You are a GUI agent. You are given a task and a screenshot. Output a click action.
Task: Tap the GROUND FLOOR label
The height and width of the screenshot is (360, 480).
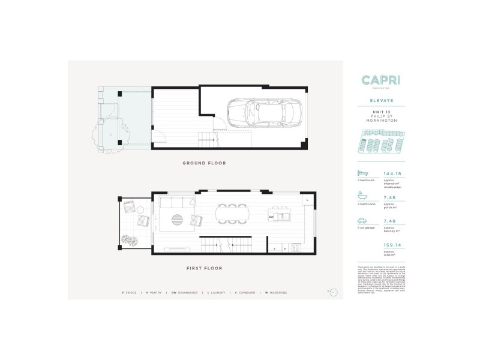205,163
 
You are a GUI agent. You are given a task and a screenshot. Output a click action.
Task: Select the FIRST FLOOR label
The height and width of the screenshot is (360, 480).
205,268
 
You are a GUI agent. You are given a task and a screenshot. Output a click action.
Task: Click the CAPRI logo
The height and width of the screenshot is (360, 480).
381,80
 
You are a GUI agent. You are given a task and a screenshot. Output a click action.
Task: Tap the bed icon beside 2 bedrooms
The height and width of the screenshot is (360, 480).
362,173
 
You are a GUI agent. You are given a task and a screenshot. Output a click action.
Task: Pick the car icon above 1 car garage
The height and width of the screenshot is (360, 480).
362,221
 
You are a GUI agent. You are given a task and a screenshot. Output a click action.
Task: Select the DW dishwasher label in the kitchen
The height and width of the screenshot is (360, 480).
271,217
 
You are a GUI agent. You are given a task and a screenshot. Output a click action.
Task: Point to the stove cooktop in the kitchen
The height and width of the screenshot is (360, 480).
295,248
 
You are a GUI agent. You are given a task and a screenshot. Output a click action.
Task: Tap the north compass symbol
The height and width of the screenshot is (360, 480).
333,292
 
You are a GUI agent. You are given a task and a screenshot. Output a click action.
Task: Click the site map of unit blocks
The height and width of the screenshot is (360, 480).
381,145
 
